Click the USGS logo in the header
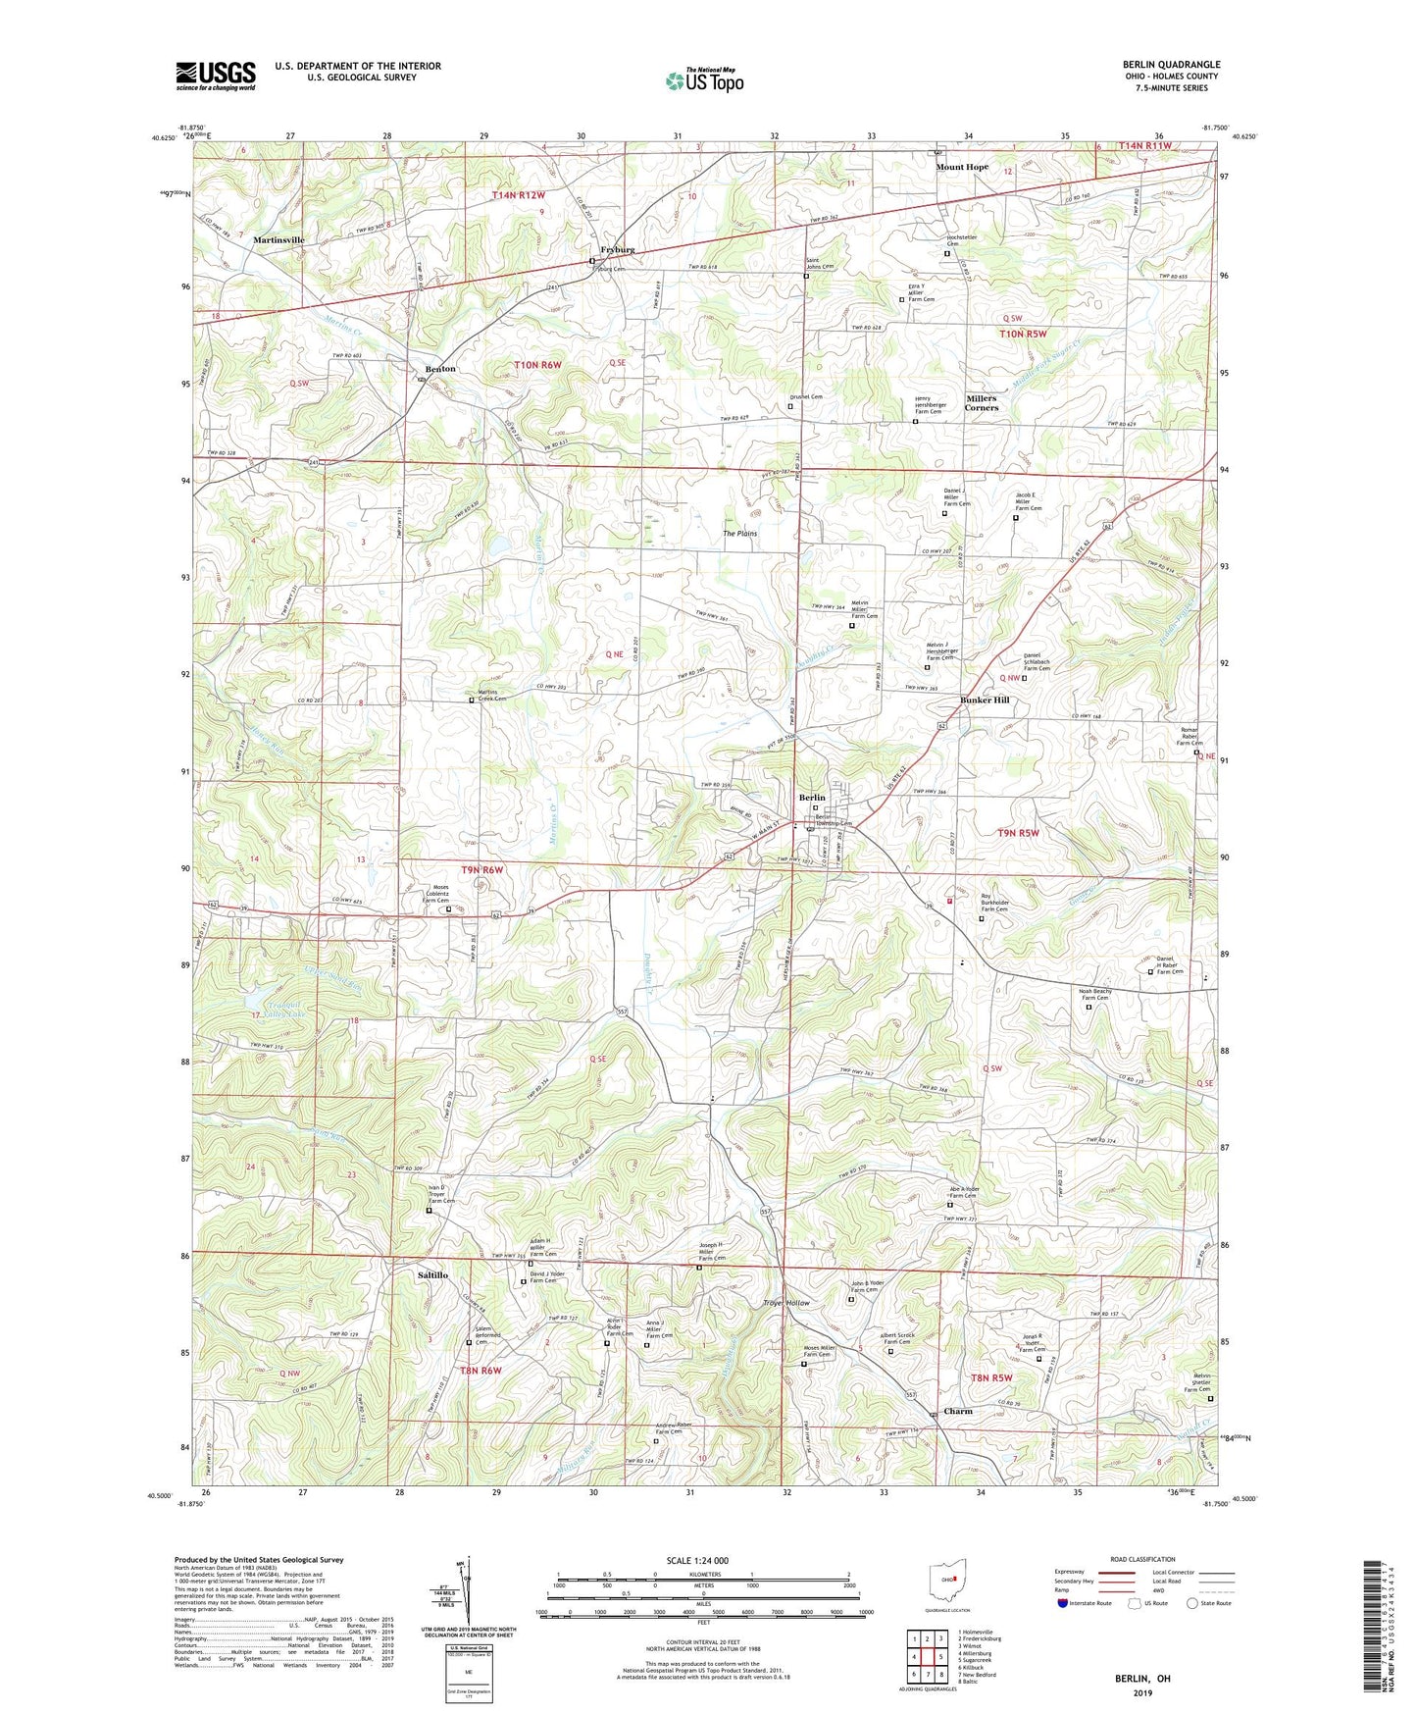point(216,76)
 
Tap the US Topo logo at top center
point(704,80)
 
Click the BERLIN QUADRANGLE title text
point(1171,65)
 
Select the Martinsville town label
point(278,239)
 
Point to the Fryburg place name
point(617,250)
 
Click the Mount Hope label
point(961,167)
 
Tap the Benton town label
point(440,369)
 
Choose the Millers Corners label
point(981,403)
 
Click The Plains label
point(740,534)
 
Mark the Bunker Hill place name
point(985,701)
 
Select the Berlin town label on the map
point(811,798)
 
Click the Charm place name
point(957,1412)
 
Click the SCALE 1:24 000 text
point(697,1561)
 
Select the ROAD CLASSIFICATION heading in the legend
point(1143,1559)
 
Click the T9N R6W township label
point(481,869)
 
